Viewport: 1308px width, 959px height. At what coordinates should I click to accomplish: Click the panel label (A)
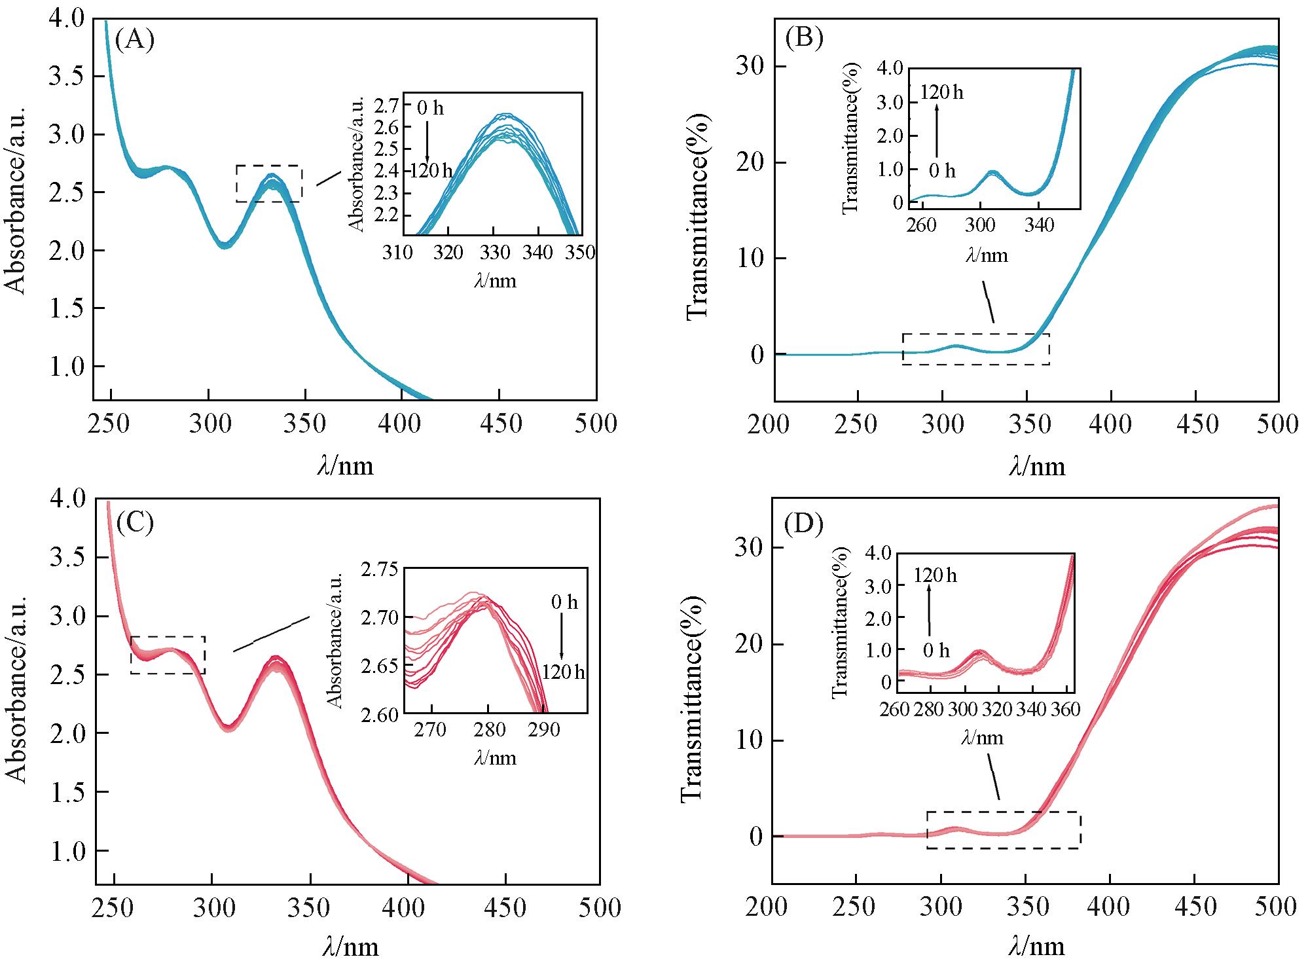134,41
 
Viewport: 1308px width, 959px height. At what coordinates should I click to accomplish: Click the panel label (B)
803,39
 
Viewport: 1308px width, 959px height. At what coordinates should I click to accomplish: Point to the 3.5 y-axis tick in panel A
67,77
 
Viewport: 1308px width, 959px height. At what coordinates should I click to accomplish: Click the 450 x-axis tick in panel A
500,424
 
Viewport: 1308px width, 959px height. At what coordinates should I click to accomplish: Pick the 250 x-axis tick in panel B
857,424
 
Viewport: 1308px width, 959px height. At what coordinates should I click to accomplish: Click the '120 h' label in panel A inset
431,172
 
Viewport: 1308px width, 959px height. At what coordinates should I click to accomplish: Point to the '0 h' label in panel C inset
564,602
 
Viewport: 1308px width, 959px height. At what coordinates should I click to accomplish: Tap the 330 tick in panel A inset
493,253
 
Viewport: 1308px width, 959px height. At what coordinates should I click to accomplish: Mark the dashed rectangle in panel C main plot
168,655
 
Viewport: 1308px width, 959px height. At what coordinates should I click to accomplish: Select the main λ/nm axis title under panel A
346,465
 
